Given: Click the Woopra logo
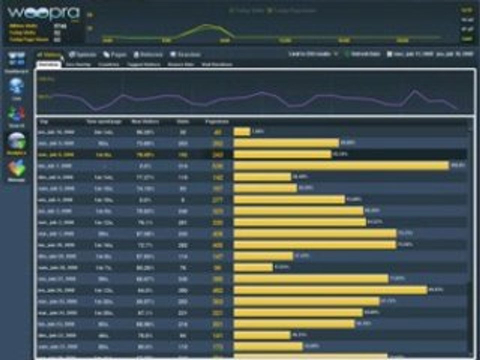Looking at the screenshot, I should point(44,13).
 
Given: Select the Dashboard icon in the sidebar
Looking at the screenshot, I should point(16,59).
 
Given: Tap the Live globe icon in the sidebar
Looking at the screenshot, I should point(16,86).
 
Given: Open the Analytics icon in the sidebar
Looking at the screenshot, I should point(16,142).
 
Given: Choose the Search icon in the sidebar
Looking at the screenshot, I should point(16,114).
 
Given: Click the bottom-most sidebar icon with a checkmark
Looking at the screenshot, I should point(16,169).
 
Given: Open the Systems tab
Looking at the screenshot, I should point(82,54).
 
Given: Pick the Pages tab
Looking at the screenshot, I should point(115,54).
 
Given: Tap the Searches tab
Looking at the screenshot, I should point(185,54).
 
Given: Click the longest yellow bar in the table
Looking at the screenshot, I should point(341,165).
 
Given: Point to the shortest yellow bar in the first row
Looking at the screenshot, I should point(242,132).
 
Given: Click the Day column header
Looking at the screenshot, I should point(43,121).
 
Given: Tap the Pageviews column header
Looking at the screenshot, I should point(217,121).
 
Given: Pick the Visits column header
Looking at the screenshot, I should point(182,121).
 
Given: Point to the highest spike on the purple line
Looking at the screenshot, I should point(414,90).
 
